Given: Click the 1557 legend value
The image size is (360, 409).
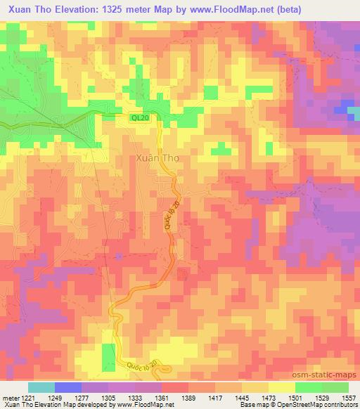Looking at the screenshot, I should click(349, 396).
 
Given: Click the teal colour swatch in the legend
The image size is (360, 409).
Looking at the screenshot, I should click(42, 387).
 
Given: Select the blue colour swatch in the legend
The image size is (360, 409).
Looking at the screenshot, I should click(68, 387).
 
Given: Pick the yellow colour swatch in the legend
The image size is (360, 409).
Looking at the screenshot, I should click(281, 387).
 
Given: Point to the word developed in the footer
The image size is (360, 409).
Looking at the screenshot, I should click(100, 405).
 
